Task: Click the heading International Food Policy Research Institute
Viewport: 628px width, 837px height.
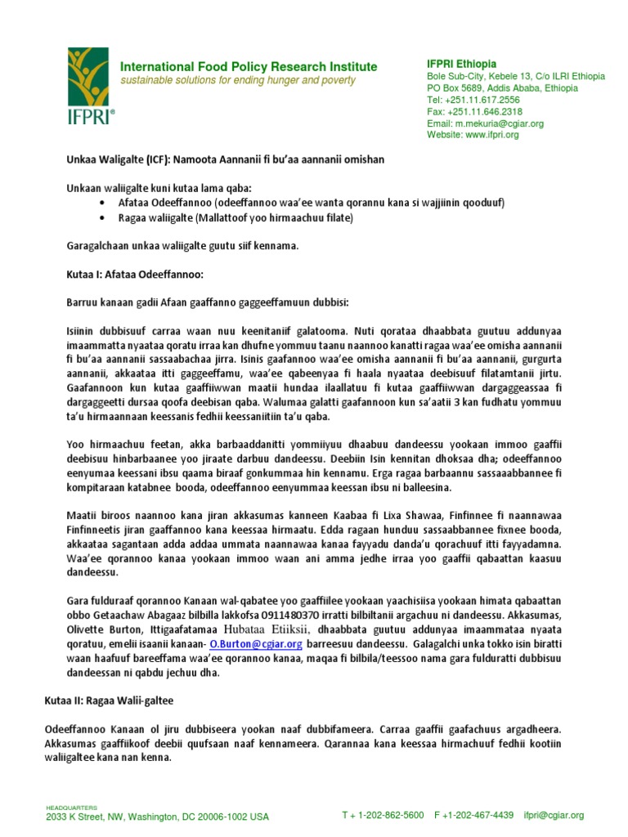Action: coord(249,66)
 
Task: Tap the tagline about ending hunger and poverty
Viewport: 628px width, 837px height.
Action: coord(238,80)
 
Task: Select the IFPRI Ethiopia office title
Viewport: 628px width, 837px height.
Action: coord(461,64)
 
